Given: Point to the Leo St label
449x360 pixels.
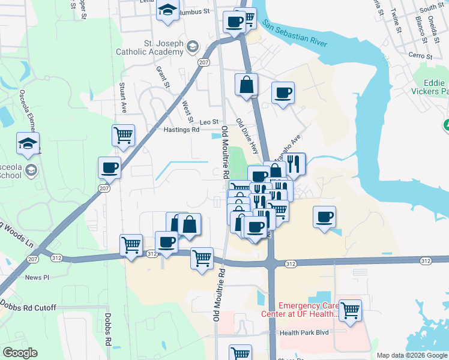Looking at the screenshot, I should (x=209, y=122).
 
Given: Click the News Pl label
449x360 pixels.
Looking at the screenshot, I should (x=37, y=277).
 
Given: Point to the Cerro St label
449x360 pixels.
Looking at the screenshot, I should (x=420, y=55).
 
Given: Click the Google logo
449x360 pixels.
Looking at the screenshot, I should (x=20, y=353).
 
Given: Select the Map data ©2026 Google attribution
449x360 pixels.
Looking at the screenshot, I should (x=412, y=355).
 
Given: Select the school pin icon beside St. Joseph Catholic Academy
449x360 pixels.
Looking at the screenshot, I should (x=193, y=46).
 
